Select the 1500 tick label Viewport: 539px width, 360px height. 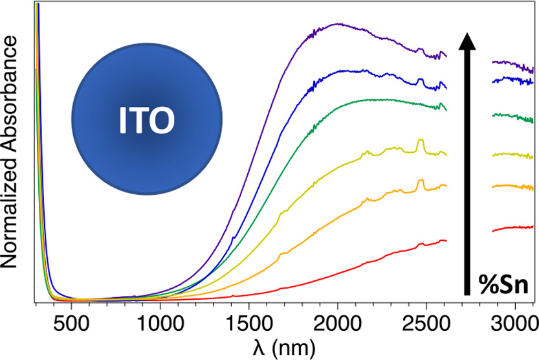(x=247, y=322)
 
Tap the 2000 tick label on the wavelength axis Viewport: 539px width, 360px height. (x=337, y=322)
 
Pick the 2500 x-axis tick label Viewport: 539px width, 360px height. (x=426, y=322)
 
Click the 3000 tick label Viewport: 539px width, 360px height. (x=516, y=322)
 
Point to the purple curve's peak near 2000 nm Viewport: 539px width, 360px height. (x=337, y=24)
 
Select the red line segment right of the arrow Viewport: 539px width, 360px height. (x=513, y=228)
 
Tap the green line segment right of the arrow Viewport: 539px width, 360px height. (x=513, y=117)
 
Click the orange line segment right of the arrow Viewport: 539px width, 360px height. (x=513, y=186)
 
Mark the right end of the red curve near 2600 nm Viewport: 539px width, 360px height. (x=445, y=240)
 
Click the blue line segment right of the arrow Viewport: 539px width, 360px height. (x=513, y=80)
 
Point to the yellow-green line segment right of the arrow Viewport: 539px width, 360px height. (x=513, y=155)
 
